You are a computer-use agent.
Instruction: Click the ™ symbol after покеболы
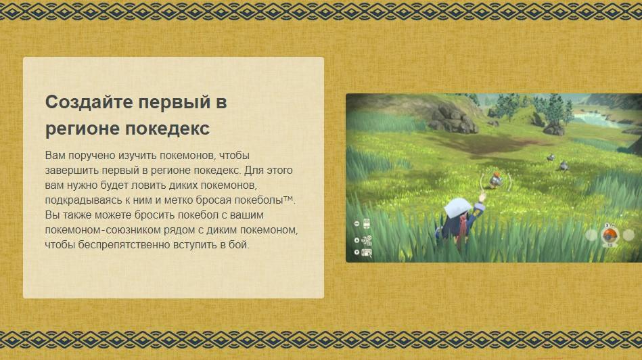click(x=288, y=198)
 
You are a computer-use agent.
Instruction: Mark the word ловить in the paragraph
click(x=147, y=185)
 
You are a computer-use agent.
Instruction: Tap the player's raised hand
click(x=482, y=198)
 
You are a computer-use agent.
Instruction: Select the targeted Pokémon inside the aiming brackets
click(x=496, y=180)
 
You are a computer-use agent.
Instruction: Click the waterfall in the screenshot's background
click(x=591, y=120)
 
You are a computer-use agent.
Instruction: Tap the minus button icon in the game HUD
click(x=357, y=223)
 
